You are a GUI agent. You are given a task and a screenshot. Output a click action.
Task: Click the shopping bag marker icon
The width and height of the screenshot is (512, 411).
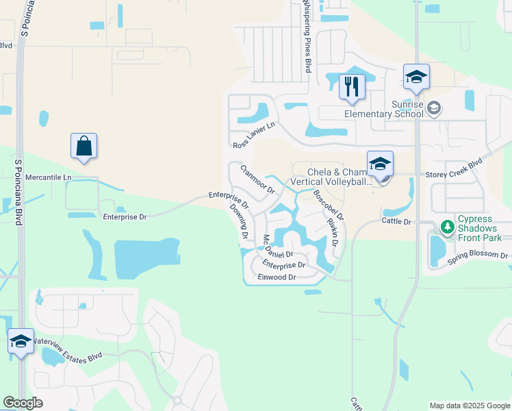[84, 146]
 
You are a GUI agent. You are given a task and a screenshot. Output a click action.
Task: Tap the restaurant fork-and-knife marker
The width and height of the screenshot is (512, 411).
[352, 87]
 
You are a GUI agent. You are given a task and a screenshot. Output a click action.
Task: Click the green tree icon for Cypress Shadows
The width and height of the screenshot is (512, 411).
[448, 226]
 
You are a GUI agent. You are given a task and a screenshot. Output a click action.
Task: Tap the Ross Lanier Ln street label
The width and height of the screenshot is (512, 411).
[254, 135]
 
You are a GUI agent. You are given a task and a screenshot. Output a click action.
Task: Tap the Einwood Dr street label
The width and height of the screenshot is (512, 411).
[277, 277]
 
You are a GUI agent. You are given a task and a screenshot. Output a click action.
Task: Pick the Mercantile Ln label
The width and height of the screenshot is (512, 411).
[48, 177]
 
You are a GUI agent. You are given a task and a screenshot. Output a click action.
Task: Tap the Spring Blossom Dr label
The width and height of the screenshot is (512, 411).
[477, 257]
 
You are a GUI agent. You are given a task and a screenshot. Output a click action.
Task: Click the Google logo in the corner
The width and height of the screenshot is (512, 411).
[22, 403]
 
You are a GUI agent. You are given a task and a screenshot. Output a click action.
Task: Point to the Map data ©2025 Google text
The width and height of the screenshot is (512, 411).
[469, 406]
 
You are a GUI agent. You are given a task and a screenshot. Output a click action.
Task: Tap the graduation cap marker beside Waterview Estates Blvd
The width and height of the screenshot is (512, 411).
[21, 341]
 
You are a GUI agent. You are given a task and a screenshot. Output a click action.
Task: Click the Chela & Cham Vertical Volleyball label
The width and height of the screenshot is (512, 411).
[332, 177]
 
